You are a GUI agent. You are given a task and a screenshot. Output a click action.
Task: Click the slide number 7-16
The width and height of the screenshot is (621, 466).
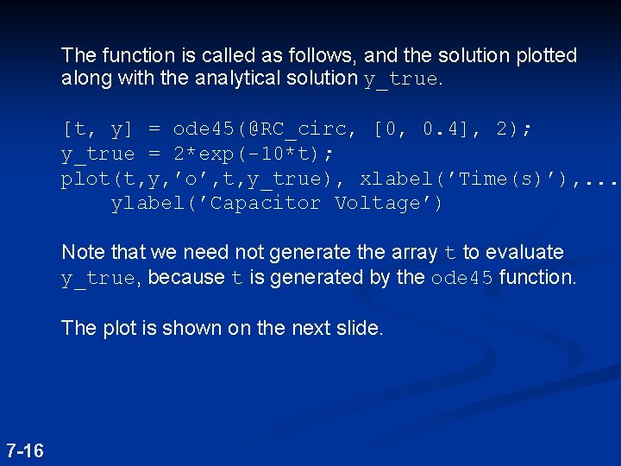(x=25, y=450)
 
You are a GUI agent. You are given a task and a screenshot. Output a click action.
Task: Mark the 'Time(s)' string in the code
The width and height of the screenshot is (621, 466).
(x=495, y=179)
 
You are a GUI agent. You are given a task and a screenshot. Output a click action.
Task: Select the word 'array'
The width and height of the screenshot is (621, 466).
(x=416, y=253)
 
